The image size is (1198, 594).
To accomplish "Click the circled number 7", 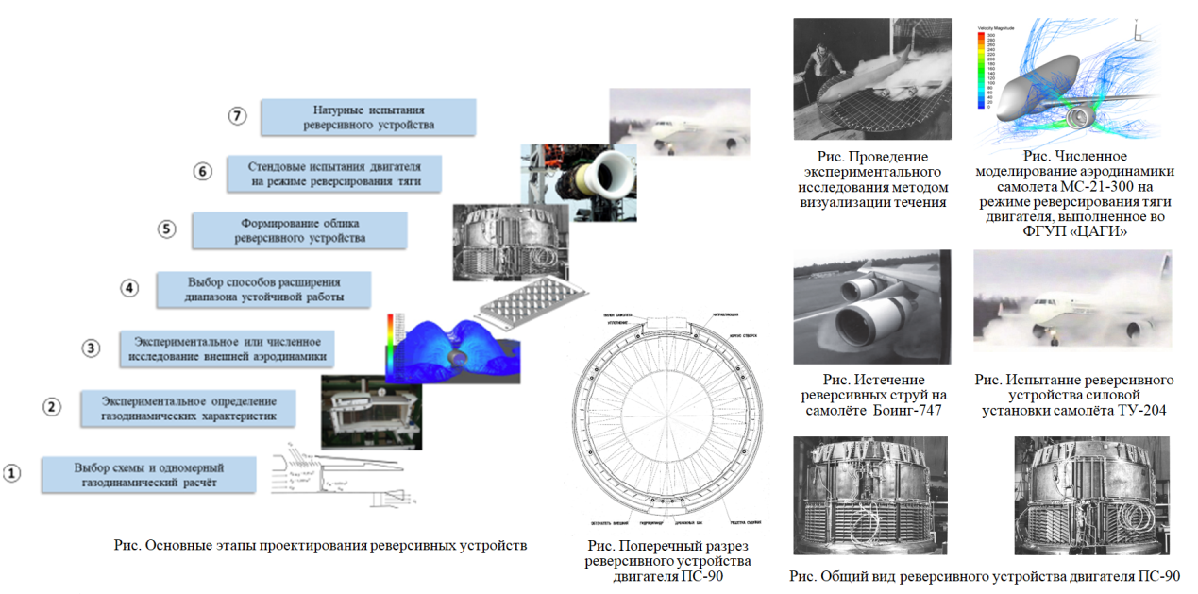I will [x=238, y=116].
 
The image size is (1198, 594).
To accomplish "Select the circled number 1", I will [x=12, y=472].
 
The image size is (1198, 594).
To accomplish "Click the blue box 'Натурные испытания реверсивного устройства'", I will [x=368, y=117].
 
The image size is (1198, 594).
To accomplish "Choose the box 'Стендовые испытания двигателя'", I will [x=334, y=172].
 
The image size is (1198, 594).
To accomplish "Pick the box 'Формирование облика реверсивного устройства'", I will [x=299, y=230].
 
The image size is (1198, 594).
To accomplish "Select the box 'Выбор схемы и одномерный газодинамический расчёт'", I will [x=148, y=474].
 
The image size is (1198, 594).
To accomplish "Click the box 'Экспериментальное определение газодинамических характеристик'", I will [x=188, y=407].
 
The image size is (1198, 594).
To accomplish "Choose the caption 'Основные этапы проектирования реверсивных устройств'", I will [x=320, y=546].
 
